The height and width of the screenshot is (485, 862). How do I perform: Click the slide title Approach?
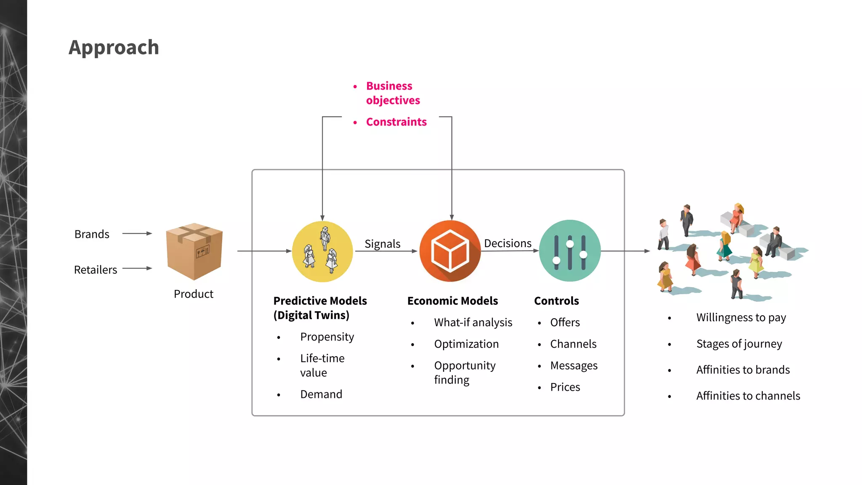click(114, 47)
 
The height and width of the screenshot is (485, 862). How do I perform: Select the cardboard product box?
click(194, 251)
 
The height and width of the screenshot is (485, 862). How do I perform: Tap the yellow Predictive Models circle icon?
click(322, 251)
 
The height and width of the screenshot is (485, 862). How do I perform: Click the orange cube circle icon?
click(450, 251)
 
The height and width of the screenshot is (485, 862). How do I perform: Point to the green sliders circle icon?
click(569, 251)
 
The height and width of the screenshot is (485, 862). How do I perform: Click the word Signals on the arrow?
click(382, 244)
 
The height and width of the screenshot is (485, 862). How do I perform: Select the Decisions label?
click(508, 243)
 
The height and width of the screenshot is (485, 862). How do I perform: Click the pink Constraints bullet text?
click(396, 122)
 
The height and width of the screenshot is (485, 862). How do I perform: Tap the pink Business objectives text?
click(392, 93)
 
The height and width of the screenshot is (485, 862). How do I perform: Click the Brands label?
click(92, 234)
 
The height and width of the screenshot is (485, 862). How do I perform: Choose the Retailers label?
click(96, 270)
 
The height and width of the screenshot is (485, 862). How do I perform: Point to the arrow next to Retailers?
click(137, 268)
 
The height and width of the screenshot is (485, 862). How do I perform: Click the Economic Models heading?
click(452, 301)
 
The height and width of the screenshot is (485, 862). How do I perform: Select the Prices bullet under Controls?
click(565, 387)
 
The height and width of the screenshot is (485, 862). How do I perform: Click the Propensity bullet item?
click(327, 337)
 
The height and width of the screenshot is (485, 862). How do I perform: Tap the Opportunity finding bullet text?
click(465, 373)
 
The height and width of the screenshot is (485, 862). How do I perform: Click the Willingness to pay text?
click(741, 317)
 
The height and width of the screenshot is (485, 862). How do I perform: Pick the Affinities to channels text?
click(748, 396)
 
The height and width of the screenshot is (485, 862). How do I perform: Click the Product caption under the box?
click(194, 294)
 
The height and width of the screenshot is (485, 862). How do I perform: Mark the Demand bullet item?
click(321, 394)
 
